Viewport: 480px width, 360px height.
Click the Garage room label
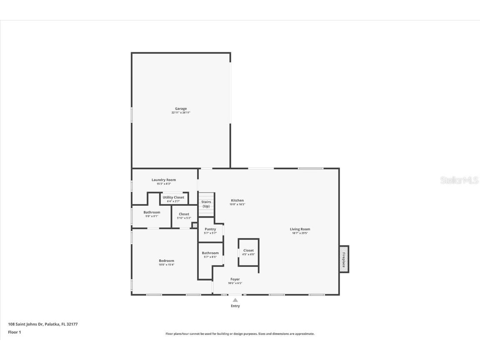(x=181, y=109)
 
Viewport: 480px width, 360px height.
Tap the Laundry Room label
(x=164, y=180)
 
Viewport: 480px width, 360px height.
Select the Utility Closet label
(x=173, y=197)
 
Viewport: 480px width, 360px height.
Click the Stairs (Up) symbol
(x=206, y=204)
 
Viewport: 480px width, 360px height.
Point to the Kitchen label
(x=237, y=200)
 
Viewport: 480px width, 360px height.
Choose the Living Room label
(x=300, y=229)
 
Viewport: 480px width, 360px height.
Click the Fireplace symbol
(x=344, y=259)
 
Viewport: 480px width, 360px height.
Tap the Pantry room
(x=210, y=231)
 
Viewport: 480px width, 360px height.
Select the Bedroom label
(x=166, y=261)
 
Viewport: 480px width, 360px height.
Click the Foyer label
(x=235, y=279)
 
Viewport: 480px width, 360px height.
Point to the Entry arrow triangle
(x=235, y=300)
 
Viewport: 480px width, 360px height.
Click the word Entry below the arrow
(x=235, y=306)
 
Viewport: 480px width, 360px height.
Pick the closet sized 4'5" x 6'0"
(x=248, y=252)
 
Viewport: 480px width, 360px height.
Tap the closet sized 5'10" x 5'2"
(x=184, y=216)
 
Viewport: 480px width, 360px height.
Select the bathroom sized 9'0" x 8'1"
(x=152, y=214)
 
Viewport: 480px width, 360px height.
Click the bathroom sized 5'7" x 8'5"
(x=210, y=255)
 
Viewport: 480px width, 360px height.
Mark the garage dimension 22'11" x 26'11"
(x=181, y=112)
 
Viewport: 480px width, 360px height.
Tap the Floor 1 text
(x=15, y=332)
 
